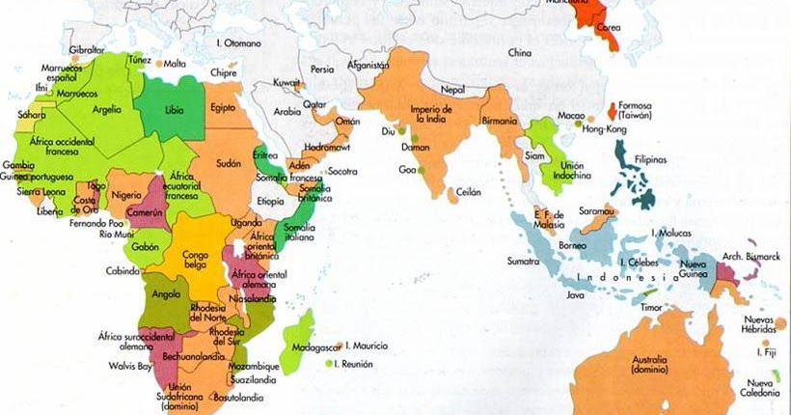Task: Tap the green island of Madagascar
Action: coord(302,334)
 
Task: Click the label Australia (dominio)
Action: coord(652,364)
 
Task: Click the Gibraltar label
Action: coord(87,50)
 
